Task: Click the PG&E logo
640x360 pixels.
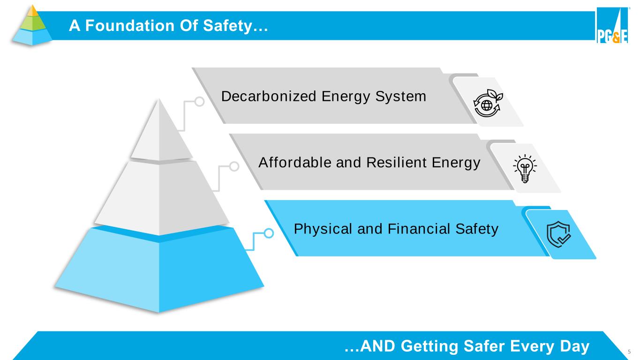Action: click(612, 26)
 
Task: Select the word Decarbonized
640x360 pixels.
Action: click(269, 97)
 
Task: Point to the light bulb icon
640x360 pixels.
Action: click(525, 168)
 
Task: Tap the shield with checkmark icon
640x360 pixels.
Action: click(559, 234)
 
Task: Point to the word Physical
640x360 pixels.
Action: click(323, 229)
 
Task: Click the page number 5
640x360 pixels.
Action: click(629, 351)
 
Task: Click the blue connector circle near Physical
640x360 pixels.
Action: click(269, 233)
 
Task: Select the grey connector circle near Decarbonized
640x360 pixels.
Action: click(199, 101)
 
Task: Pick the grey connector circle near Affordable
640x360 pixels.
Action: click(234, 166)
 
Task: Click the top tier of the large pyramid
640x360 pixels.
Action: click(160, 134)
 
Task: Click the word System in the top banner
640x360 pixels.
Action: click(405, 97)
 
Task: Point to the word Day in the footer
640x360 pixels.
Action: click(574, 346)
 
